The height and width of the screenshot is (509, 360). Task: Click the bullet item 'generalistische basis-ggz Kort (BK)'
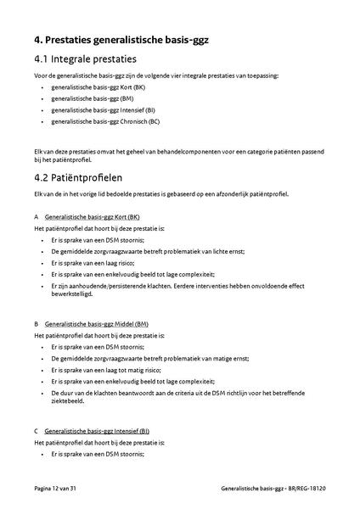click(x=98, y=87)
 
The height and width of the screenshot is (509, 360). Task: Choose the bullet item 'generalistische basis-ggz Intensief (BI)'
click(x=104, y=109)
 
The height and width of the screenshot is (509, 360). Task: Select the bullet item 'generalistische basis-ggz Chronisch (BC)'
click(x=105, y=120)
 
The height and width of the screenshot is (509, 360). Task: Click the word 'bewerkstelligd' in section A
click(x=71, y=295)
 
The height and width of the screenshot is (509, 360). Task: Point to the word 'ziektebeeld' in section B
click(x=68, y=402)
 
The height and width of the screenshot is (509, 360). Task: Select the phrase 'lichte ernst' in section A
click(x=213, y=252)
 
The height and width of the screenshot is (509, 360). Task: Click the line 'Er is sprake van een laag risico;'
click(x=97, y=263)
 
